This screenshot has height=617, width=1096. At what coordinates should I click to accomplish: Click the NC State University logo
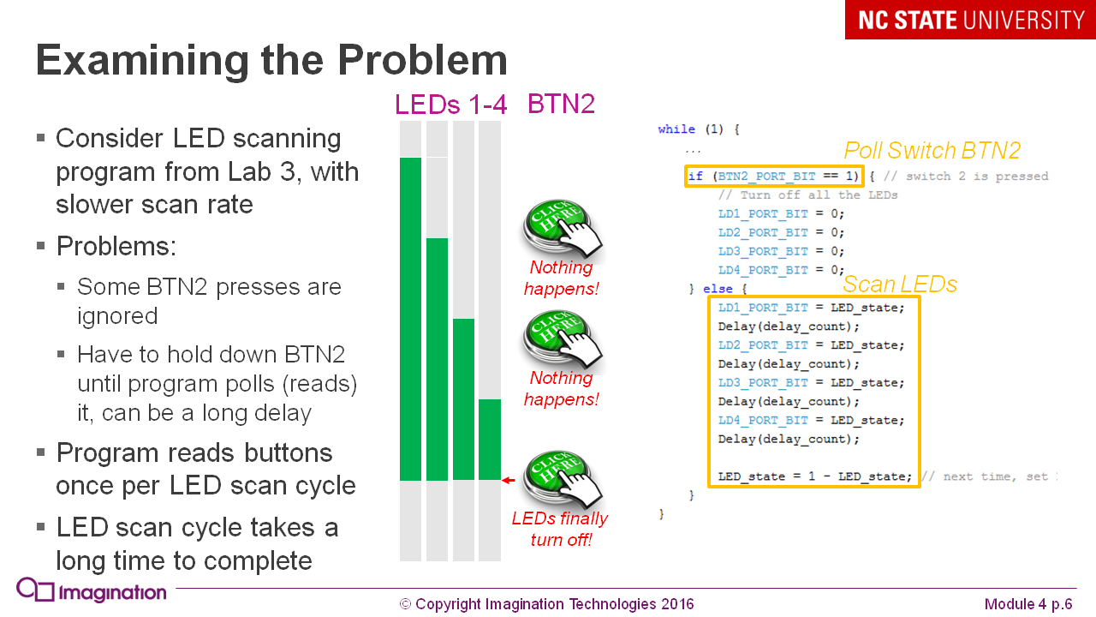[x=970, y=20]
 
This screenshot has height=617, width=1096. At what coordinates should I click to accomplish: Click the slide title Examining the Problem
[x=271, y=61]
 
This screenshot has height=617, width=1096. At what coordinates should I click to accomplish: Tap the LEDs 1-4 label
[x=450, y=105]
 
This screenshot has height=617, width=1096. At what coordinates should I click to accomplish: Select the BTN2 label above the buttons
[x=561, y=105]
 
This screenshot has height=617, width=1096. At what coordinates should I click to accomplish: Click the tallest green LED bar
[x=411, y=319]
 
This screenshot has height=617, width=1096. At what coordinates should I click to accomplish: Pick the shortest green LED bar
[x=490, y=439]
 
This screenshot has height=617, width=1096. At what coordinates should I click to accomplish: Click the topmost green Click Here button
[x=563, y=228]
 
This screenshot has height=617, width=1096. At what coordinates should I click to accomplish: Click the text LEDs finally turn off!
[x=560, y=529]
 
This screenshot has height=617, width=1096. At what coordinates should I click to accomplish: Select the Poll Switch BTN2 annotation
[x=932, y=151]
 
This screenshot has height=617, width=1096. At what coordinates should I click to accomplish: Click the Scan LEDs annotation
[x=900, y=285]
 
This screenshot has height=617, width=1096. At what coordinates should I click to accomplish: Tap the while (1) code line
[x=698, y=129]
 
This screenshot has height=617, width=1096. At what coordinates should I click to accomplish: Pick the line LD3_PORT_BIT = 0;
[x=781, y=251]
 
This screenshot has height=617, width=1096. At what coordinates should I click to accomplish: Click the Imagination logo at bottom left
[x=92, y=591]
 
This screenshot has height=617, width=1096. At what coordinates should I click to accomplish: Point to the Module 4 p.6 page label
[x=1028, y=604]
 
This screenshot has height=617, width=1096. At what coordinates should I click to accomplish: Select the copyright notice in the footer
[x=546, y=604]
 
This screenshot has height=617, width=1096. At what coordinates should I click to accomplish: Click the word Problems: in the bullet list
[x=116, y=247]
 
